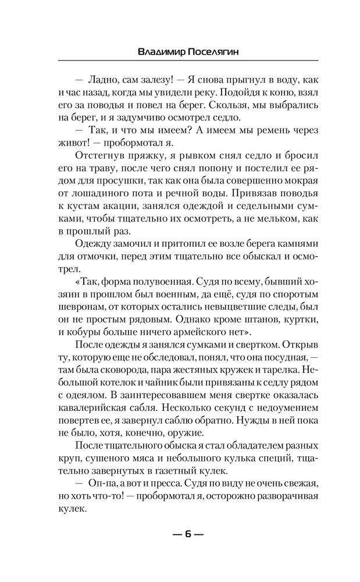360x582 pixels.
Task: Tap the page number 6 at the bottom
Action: pyautogui.click(x=180, y=534)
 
